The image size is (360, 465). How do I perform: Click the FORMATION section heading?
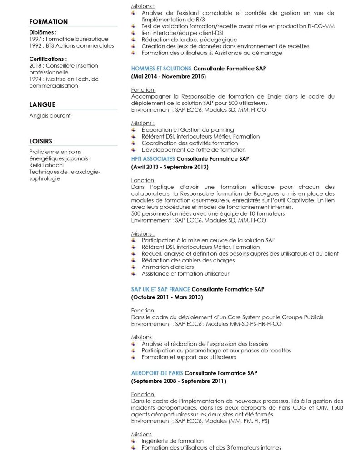48,22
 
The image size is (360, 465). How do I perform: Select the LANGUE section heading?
42,104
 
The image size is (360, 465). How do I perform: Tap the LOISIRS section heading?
40,141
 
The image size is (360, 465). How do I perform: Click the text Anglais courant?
50,116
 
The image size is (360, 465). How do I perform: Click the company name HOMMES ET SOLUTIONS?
161,68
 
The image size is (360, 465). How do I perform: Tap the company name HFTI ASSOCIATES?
153,158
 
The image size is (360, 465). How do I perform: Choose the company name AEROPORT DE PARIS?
157,373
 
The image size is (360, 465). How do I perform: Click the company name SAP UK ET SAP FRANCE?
160,289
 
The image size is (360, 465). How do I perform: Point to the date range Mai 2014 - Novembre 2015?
169,77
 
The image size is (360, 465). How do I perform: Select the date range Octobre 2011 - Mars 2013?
167,297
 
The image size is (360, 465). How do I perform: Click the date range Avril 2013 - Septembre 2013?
170,167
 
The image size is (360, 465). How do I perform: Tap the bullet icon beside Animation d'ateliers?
134,267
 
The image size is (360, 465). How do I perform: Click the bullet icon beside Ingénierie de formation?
134,441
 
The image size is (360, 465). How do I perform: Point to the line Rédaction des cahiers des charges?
188,260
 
